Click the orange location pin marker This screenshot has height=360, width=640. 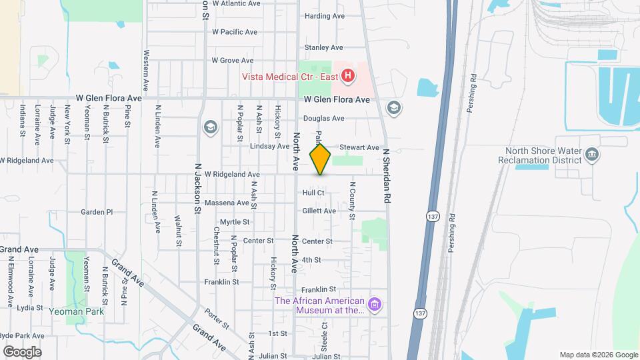[x=321, y=159]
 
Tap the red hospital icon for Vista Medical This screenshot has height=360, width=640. [x=347, y=77]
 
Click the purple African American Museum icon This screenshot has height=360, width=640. [x=375, y=305]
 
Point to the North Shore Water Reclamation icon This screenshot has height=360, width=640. [x=591, y=156]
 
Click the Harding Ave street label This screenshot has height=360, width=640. [x=324, y=16]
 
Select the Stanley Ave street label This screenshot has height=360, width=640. [x=323, y=47]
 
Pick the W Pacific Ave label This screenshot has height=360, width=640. [x=235, y=32]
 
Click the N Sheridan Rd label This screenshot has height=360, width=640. [x=385, y=175]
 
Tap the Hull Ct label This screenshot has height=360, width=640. [x=313, y=193]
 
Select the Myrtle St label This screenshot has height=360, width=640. [x=235, y=222]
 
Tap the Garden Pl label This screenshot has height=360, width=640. [x=97, y=212]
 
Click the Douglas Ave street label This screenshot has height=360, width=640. [x=323, y=119]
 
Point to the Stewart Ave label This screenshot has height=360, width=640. [x=359, y=147]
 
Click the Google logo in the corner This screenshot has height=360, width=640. [x=22, y=351]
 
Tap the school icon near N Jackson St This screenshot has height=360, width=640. [x=211, y=127]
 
